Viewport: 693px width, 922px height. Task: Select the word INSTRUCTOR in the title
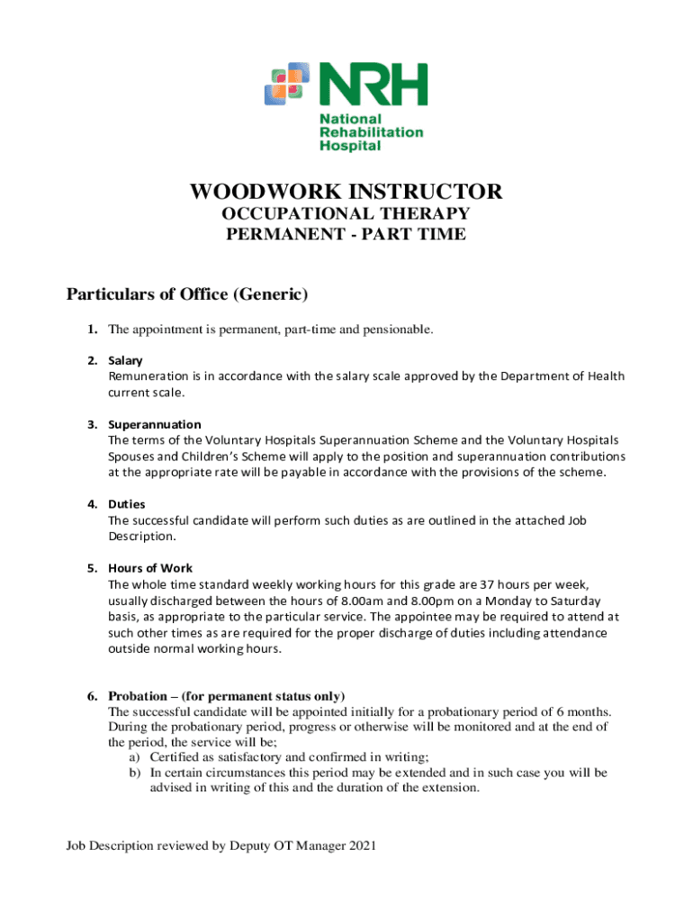click(x=426, y=192)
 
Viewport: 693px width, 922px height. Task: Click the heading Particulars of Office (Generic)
click(x=188, y=294)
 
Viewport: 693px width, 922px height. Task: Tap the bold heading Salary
click(x=125, y=360)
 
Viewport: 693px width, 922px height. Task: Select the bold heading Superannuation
click(x=155, y=424)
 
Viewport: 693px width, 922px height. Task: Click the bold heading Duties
click(x=127, y=504)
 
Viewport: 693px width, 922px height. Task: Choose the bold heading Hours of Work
click(x=150, y=568)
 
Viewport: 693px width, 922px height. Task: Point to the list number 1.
click(x=92, y=330)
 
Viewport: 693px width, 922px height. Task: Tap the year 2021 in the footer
click(x=361, y=845)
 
